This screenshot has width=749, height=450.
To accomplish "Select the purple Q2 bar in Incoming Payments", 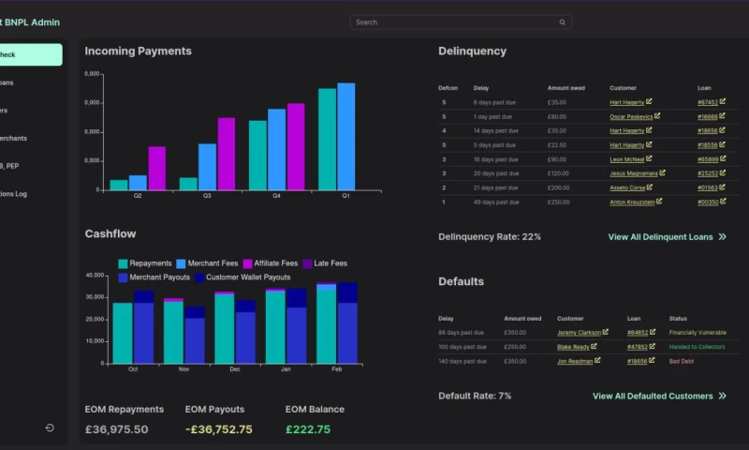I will pos(156,168).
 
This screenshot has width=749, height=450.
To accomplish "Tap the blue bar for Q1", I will pos(345,136).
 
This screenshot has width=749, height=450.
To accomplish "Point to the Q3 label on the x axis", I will pos(207,196).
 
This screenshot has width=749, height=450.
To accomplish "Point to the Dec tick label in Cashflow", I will pos(234,369).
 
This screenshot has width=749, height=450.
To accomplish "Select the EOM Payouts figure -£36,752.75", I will pos(218,429).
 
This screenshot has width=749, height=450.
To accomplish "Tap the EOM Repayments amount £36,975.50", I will pos(116,429).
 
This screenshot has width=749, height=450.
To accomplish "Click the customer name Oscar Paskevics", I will pos(631,117).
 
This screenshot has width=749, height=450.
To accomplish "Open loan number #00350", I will pos(708,202).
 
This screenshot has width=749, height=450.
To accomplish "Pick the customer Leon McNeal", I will pos(628,159).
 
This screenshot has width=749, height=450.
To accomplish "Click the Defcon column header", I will pos(448,88).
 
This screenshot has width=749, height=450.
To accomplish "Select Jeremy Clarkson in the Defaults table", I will pos(580,333).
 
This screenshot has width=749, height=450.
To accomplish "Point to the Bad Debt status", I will pos(681,361).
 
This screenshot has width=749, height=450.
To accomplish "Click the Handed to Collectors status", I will pos(697,347).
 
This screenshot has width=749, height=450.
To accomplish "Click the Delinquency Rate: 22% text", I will pos(490,237).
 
